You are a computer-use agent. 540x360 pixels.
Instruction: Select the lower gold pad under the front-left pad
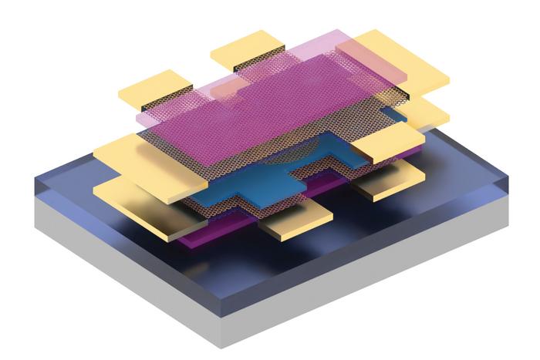tap(127, 202)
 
